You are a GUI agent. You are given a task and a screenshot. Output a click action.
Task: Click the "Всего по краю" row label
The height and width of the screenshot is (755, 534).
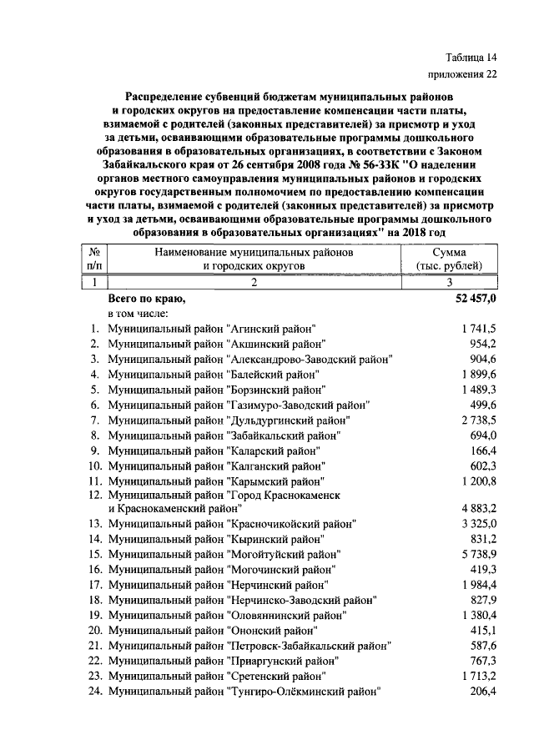pos(147,298)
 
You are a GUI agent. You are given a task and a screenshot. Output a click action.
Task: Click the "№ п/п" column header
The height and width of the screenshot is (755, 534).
pos(93,259)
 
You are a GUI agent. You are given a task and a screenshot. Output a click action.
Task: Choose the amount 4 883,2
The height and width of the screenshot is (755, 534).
pos(478,508)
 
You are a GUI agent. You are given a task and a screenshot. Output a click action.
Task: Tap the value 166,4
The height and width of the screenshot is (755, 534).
pos(483,449)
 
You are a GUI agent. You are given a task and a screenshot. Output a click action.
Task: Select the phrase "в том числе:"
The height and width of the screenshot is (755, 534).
pos(139,314)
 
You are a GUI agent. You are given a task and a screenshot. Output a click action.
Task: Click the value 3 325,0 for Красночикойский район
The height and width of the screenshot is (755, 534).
pos(478,524)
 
